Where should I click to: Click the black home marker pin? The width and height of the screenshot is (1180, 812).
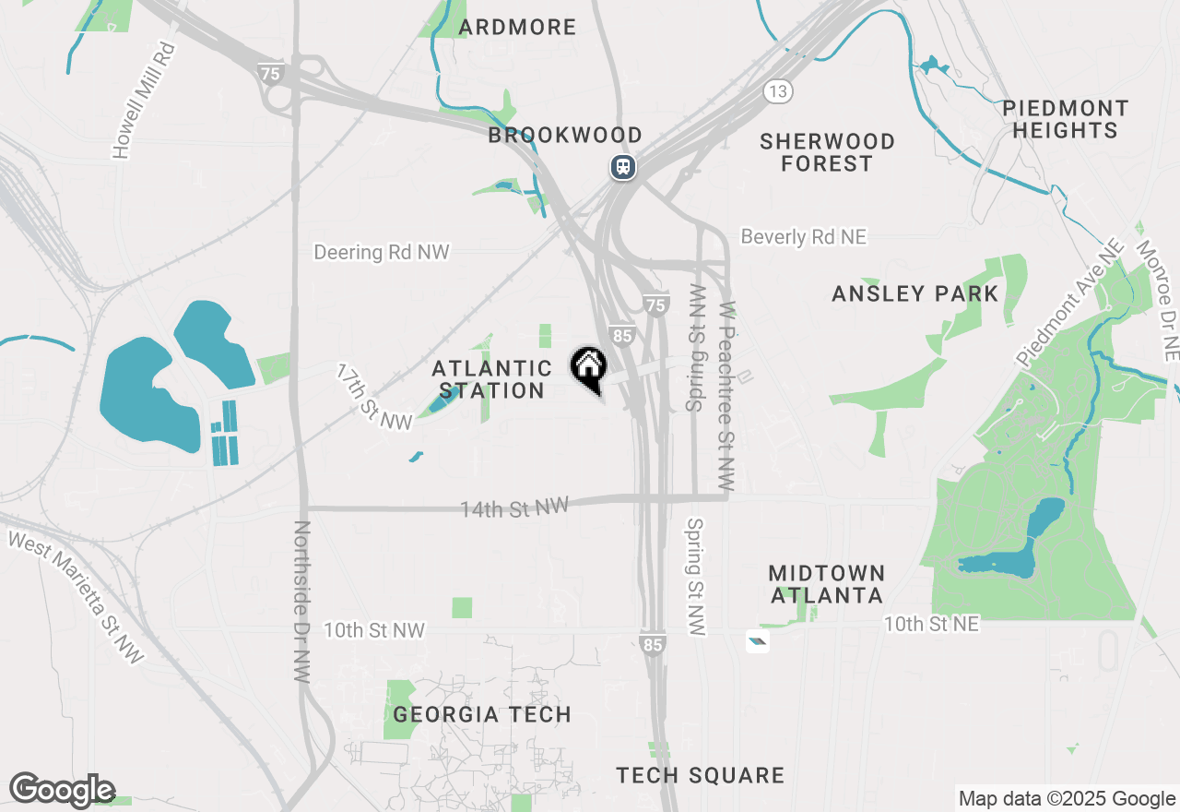tap(588, 367)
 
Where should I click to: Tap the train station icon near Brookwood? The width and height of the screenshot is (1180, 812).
tap(624, 166)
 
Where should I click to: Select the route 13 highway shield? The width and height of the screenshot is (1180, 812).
tap(777, 90)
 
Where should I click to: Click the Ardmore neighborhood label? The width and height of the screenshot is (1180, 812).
tap(517, 27)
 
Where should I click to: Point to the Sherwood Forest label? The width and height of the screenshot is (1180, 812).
tap(827, 152)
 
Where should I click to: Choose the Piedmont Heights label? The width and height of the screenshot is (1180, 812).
tap(1065, 119)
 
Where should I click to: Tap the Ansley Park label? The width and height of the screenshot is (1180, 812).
tap(914, 293)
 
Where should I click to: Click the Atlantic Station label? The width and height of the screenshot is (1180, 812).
tap(491, 379)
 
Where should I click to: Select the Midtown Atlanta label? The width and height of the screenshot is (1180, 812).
tap(827, 584)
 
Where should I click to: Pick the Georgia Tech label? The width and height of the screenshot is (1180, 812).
tap(482, 714)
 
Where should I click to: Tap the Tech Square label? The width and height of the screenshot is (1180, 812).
tap(701, 775)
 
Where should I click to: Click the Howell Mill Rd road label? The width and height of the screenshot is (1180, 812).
tap(143, 101)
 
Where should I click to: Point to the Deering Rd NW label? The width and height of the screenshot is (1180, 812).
tap(381, 252)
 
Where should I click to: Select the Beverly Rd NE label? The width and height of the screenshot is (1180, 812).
tap(804, 237)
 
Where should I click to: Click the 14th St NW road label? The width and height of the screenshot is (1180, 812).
tap(514, 507)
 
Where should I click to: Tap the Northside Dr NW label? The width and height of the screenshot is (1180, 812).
tap(301, 602)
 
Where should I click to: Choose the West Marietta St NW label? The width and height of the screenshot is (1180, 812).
tap(77, 596)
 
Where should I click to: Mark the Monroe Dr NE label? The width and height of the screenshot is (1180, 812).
tap(1157, 301)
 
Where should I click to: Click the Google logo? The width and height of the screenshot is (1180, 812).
tap(62, 790)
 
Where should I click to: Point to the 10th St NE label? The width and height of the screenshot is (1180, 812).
tap(931, 625)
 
